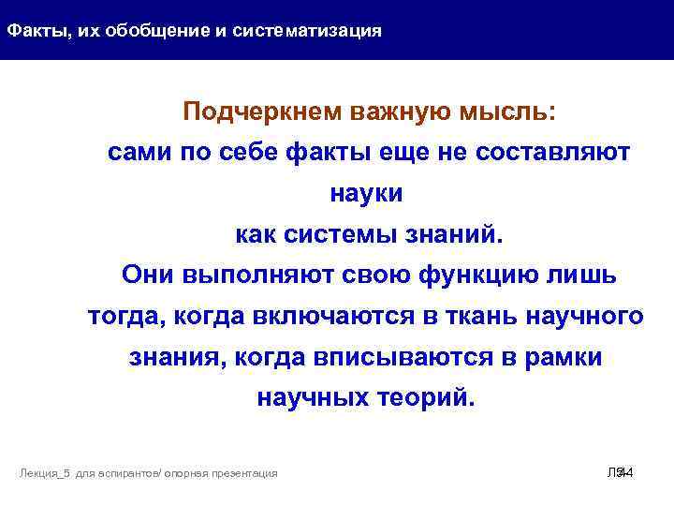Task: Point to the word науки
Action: coord(367,194)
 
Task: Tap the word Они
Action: coord(150,275)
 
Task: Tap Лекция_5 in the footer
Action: coord(44,474)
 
